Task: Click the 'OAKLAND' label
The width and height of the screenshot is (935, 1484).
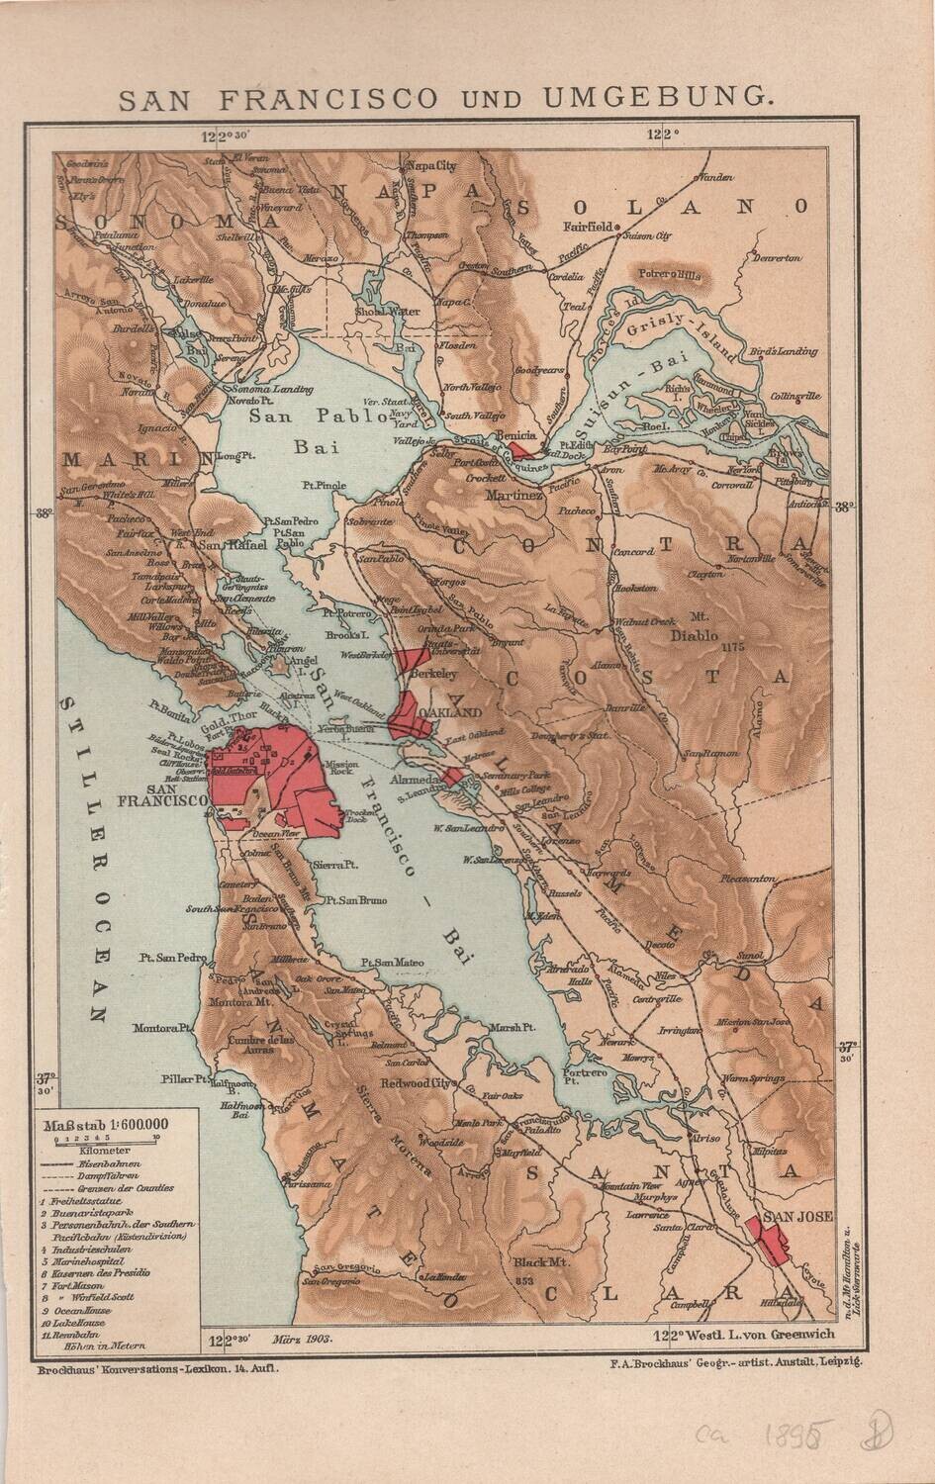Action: coord(450,712)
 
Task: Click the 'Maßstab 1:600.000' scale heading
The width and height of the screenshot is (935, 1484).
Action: coord(103,1123)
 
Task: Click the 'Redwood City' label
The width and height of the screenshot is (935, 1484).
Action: coord(420,1083)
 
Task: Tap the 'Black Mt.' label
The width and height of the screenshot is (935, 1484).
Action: coord(537,1262)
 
